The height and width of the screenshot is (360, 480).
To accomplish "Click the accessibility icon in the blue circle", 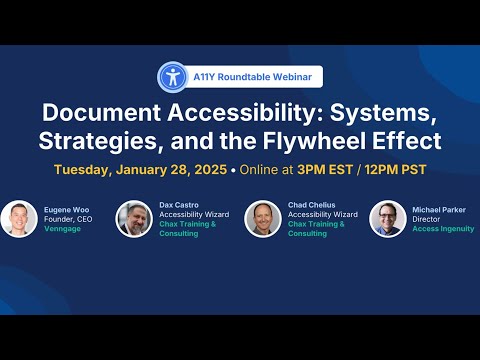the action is click(173, 77).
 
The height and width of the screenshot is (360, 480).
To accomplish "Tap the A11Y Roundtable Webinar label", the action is click(253, 77).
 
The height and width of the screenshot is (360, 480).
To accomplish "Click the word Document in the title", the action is click(101, 113).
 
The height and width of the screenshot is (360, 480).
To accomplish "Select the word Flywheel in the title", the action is click(315, 141).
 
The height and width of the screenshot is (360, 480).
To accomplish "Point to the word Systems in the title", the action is click(383, 113).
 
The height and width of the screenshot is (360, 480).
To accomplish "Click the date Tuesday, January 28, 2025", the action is click(140, 170).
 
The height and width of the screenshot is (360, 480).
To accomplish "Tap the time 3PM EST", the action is click(325, 170).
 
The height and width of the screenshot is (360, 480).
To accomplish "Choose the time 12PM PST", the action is click(395, 170).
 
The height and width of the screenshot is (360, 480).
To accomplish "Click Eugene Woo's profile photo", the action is click(19, 219).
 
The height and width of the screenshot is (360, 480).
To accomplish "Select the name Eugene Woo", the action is click(67, 210).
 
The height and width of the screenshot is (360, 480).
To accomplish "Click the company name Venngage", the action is click(62, 229).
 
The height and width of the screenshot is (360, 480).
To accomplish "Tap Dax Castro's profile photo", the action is click(134, 219).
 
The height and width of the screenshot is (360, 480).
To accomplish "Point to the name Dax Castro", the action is click(179, 205).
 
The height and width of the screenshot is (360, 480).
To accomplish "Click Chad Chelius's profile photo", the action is click(263, 219).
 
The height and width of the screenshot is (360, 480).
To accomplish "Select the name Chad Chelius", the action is click(312, 205).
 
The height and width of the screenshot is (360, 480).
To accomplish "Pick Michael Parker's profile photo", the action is click(388, 219).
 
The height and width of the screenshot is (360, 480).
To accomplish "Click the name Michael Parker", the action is click(439, 210).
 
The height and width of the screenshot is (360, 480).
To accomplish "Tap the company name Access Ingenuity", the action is click(443, 229).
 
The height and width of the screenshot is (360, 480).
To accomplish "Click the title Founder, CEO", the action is click(68, 219).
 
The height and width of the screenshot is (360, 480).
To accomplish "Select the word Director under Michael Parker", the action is click(426, 219).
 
